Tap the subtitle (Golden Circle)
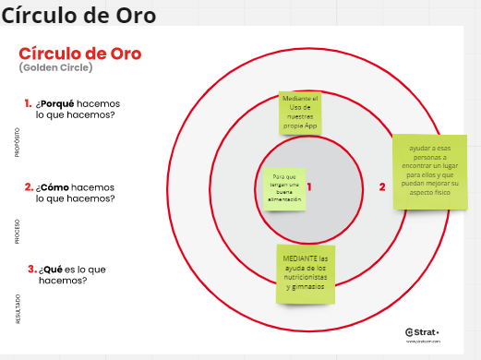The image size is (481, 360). (x=54, y=68)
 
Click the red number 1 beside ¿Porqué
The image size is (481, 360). (x=28, y=103)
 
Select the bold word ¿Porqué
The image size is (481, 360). (x=56, y=103)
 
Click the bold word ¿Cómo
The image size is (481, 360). (x=54, y=186)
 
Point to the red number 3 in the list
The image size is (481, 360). (x=31, y=269)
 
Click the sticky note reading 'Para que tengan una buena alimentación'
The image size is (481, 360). (x=284, y=188)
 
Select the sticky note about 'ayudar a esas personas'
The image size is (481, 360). (x=429, y=172)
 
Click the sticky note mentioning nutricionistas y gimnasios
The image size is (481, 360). (x=307, y=273)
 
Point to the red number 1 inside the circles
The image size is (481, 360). (x=309, y=186)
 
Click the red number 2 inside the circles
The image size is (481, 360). (x=382, y=186)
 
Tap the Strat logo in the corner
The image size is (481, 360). (x=423, y=332)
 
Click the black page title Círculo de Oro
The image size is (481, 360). (x=78, y=15)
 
